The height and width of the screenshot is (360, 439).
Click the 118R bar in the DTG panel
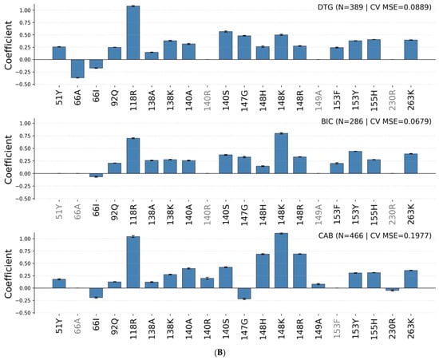tap(133, 33)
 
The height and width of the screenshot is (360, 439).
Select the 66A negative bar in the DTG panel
tap(77, 69)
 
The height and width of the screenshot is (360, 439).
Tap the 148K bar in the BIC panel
tap(281, 153)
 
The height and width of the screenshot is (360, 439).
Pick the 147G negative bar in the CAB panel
tap(244, 294)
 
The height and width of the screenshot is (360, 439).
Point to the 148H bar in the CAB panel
tap(263, 271)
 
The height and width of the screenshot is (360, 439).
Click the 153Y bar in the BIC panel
tap(355, 162)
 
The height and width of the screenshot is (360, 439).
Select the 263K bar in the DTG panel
tap(411, 49)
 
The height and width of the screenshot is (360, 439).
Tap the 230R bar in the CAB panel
tap(393, 289)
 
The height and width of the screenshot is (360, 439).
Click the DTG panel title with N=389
tap(374, 7)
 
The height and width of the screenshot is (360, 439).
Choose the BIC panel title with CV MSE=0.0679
tap(376, 121)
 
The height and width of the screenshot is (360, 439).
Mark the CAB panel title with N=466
tap(375, 235)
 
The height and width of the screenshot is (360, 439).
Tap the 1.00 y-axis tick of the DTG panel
tap(25, 10)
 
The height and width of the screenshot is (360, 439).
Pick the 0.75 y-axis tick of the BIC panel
tap(25, 136)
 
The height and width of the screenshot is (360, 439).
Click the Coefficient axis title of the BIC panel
tap(8, 160)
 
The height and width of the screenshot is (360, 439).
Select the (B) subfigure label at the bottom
tap(219, 353)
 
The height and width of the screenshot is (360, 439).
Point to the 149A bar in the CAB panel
tap(318, 286)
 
